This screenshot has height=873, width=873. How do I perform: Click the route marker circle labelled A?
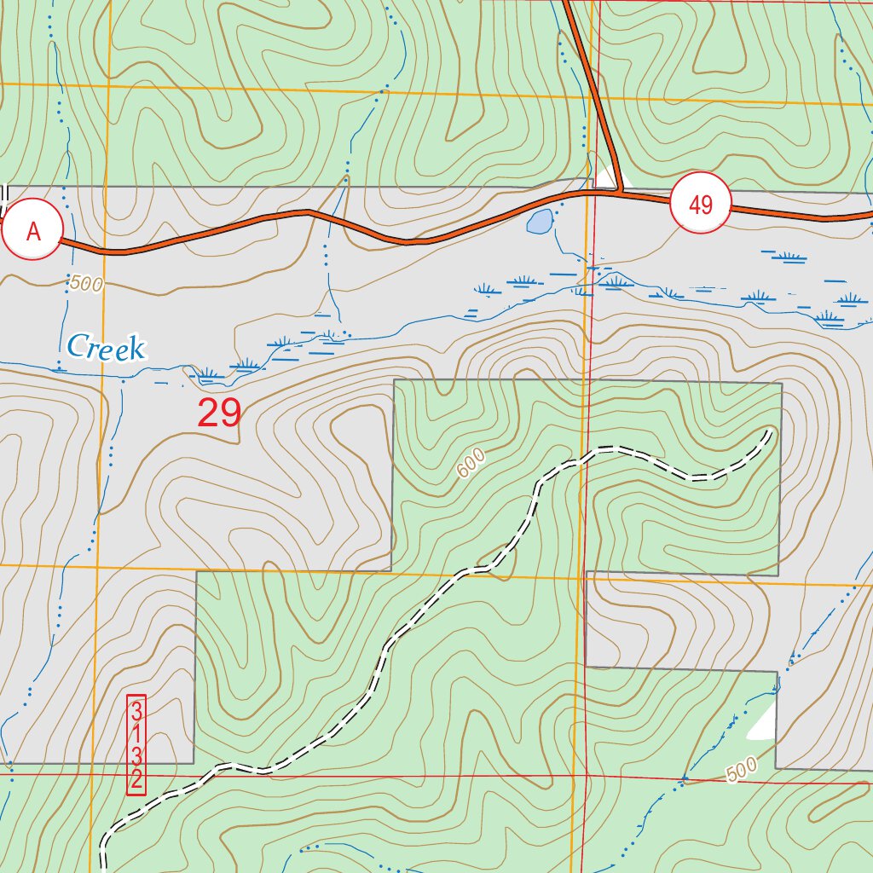click(33, 230)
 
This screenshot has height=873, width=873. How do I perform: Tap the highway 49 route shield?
click(701, 205)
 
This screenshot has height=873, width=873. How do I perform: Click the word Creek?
click(106, 347)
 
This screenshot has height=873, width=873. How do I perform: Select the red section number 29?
click(219, 413)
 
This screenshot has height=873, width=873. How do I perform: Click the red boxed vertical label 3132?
click(136, 745)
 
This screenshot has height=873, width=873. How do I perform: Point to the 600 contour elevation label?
click(470, 464)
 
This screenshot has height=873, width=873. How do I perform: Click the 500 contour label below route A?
click(86, 284)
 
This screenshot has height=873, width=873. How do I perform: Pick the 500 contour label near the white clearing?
click(743, 772)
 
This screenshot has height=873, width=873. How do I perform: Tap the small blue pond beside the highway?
click(539, 223)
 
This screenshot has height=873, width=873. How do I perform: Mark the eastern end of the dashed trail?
click(771, 433)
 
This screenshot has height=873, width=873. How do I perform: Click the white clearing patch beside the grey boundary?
click(764, 725)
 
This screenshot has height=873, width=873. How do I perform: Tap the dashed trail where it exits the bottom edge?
click(103, 868)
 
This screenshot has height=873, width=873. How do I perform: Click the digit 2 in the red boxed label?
click(136, 778)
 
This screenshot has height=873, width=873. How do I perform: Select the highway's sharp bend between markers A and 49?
click(309, 211)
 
